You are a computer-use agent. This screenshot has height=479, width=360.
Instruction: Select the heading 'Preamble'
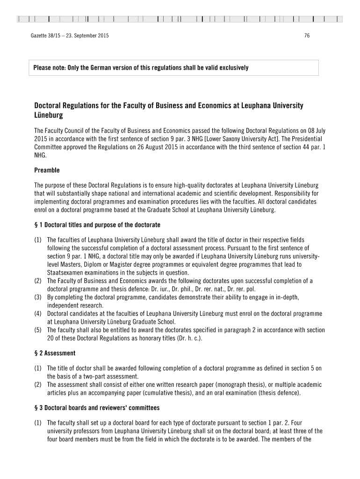pyautogui.click(x=47, y=170)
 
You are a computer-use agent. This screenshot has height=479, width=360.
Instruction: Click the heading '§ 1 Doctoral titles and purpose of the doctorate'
pyautogui.click(x=97, y=225)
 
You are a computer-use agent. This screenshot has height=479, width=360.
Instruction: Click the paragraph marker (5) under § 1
pyautogui.click(x=38, y=330)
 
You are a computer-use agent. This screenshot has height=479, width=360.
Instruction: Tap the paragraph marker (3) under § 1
pyautogui.click(x=38, y=298)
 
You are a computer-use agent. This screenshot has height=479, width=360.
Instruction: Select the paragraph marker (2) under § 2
pyautogui.click(x=38, y=385)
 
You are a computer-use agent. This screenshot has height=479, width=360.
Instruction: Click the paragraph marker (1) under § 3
pyautogui.click(x=38, y=422)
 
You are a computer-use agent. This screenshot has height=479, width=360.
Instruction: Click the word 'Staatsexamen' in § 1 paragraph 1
pyautogui.click(x=65, y=273)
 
